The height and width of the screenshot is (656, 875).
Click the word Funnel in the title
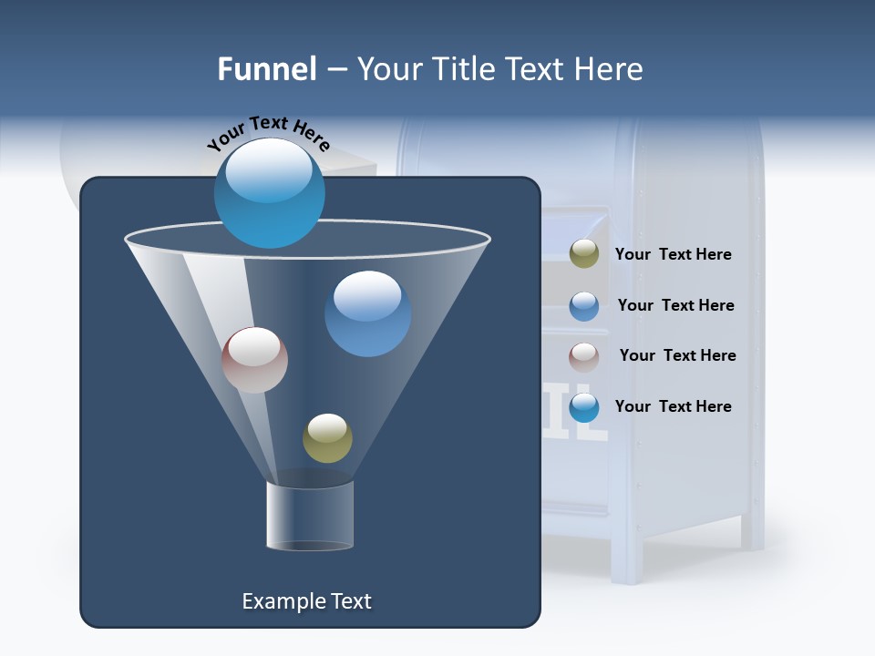coord(266,69)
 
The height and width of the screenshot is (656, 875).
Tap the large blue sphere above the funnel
coord(270,193)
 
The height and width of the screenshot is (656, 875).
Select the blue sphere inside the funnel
coord(367,313)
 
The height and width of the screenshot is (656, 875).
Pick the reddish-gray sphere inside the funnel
coord(254,360)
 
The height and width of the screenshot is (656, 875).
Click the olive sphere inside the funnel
coord(327,437)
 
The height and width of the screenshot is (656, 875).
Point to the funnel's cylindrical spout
coord(310,516)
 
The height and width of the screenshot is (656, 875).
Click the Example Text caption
coord(306,601)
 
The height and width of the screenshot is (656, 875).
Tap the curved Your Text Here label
coord(268,134)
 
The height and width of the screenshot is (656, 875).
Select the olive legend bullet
coord(584,254)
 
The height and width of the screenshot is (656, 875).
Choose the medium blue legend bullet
coord(584,306)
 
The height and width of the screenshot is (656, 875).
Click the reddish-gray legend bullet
coord(584,356)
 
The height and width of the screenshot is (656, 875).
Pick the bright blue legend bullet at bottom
coord(584,407)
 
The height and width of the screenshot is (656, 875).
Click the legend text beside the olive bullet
coord(673,254)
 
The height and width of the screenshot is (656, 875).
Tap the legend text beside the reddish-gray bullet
coord(677,355)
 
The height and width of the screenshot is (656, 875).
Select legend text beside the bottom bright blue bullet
coord(673,406)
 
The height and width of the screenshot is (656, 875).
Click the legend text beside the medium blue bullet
coord(675,305)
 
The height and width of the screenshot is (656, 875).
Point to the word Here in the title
coord(610,69)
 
